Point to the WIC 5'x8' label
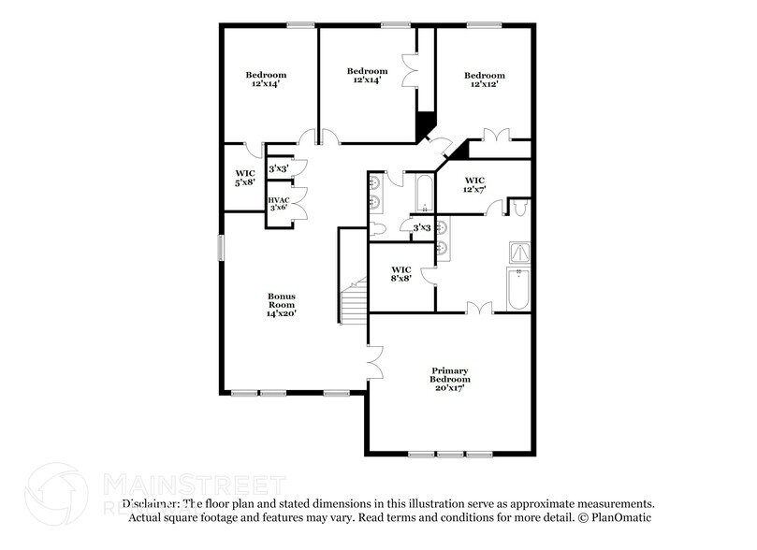245,177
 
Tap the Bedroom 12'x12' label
484,80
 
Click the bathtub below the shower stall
517,289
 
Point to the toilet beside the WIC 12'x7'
520,206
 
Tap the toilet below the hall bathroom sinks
379,227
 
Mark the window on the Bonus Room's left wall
222,248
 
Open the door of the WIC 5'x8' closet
248,148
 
